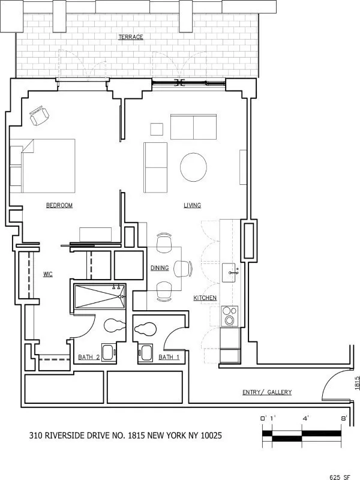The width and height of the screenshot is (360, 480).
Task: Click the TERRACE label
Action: tap(130, 37)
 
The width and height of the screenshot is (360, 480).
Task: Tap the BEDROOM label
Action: tap(59, 205)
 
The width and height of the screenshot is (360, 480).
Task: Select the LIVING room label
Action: tap(192, 205)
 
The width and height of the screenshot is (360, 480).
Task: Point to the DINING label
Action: tap(160, 268)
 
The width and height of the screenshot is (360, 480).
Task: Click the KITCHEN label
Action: tap(205, 298)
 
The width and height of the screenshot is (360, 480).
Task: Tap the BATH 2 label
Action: tap(88, 357)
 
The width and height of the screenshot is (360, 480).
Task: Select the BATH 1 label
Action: tap(169, 357)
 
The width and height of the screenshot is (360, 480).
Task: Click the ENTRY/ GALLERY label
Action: tap(266, 392)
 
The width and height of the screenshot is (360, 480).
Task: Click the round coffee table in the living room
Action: tap(194, 167)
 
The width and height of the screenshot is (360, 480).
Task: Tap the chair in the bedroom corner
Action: tap(40, 116)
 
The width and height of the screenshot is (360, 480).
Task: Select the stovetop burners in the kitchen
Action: tap(229, 315)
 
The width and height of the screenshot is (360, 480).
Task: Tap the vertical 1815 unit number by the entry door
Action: tap(356, 383)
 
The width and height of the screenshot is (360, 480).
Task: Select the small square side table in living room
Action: tap(157, 129)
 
